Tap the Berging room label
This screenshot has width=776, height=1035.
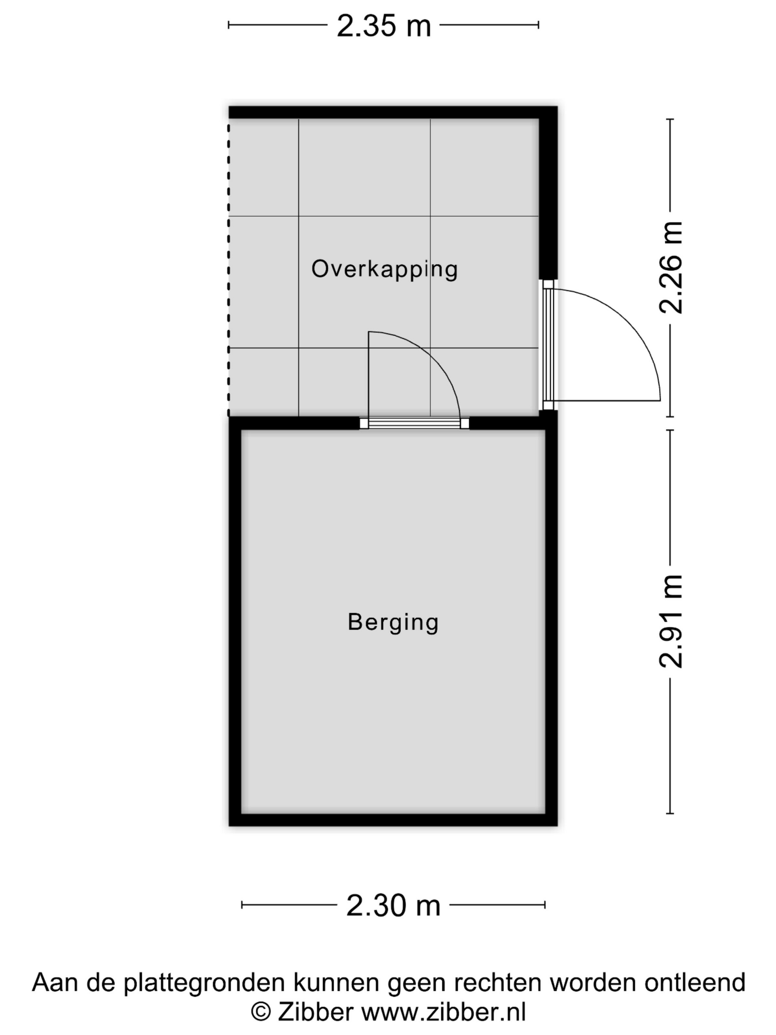[393, 623]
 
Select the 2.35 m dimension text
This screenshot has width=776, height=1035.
[384, 26]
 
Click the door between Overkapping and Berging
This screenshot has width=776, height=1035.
[415, 423]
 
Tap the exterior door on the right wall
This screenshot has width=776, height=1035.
[548, 345]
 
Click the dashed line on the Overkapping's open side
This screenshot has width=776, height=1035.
[229, 268]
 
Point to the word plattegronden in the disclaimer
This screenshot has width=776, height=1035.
[204, 983]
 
